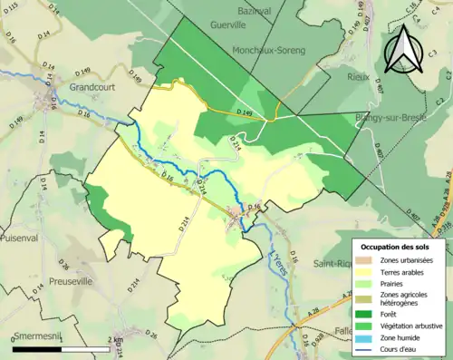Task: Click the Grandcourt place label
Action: point(92,88)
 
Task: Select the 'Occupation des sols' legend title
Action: point(395,247)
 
